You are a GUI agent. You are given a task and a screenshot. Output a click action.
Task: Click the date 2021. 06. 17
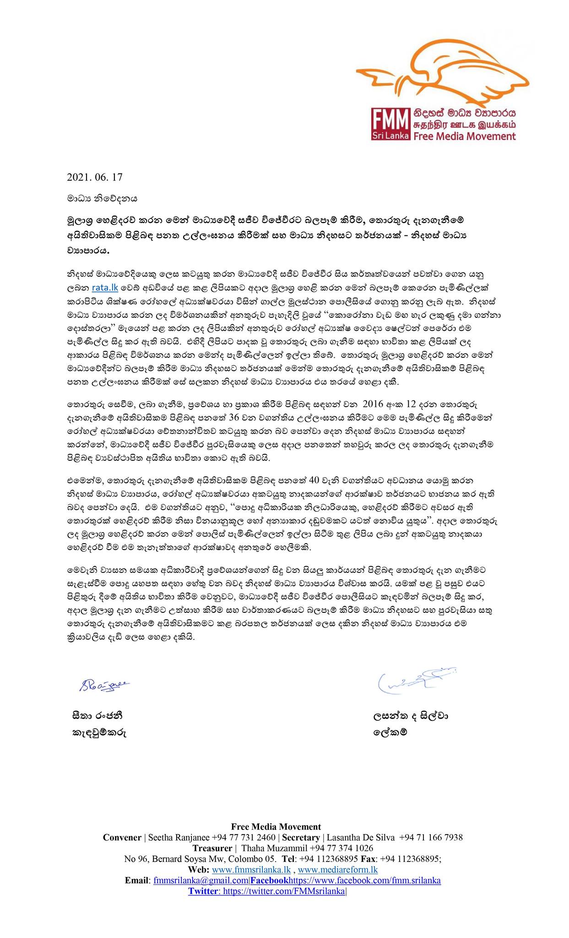click(95, 176)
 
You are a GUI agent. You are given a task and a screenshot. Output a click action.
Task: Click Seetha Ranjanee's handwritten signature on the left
click(100, 685)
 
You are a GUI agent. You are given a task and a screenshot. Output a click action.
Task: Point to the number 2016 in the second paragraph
click(374, 404)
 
